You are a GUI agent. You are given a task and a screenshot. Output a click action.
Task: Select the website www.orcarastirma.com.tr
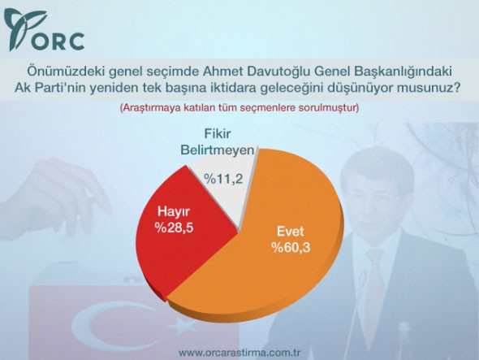239,352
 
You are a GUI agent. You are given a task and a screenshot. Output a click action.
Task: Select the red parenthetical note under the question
239,107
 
